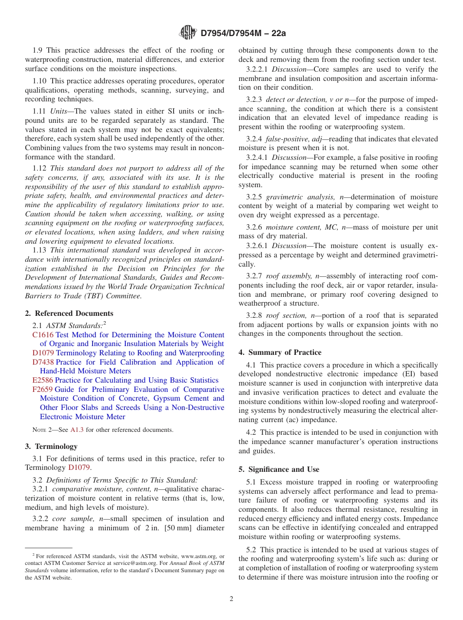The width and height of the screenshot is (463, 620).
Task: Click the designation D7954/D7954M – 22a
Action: point(243,34)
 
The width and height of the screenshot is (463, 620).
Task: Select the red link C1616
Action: point(43,335)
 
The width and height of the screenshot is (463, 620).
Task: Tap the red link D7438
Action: point(43,362)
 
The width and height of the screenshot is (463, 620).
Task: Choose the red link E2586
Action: point(42,380)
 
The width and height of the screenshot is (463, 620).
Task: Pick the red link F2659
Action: point(42,389)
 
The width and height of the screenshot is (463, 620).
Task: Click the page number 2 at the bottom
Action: point(231,599)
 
